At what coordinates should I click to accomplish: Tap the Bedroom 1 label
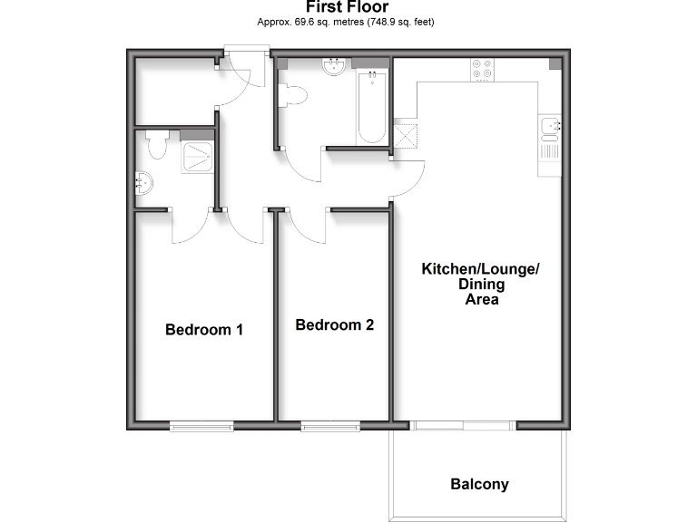pos(203,330)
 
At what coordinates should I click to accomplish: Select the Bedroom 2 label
pos(335,324)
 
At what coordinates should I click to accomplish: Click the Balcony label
pos(479,484)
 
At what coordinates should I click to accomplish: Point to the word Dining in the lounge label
pos(481,285)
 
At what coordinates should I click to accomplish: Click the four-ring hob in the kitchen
pos(481,70)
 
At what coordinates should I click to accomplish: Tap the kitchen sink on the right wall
pos(550,126)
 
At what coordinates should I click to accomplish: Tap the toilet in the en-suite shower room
pos(156,144)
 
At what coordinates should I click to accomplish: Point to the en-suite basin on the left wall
pos(143,185)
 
